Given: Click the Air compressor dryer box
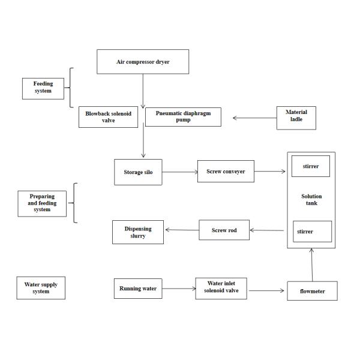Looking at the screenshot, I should point(143,62).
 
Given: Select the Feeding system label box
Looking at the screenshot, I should point(43,88).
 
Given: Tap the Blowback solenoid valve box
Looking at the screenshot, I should point(108,116).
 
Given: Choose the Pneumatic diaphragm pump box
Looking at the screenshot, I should point(183,116).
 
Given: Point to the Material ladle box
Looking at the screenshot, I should point(296,118).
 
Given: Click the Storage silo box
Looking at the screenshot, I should point(137,172).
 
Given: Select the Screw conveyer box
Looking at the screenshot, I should point(226,171).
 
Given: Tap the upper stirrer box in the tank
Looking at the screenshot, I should point(310,166).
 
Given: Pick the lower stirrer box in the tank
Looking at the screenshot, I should point(312,231).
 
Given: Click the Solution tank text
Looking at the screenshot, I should point(311,200).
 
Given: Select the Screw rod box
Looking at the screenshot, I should point(224,230).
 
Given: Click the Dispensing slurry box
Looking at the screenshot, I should point(138,232).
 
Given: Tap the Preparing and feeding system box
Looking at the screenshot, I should point(42,203).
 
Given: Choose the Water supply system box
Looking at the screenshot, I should point(41,288).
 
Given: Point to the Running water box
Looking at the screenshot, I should point(137,289).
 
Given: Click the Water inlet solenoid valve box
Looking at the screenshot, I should point(221,289).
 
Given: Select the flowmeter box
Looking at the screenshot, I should point(312,291).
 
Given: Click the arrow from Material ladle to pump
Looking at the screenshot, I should point(254,118).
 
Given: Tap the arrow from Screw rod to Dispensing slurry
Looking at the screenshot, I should point(182,230).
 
